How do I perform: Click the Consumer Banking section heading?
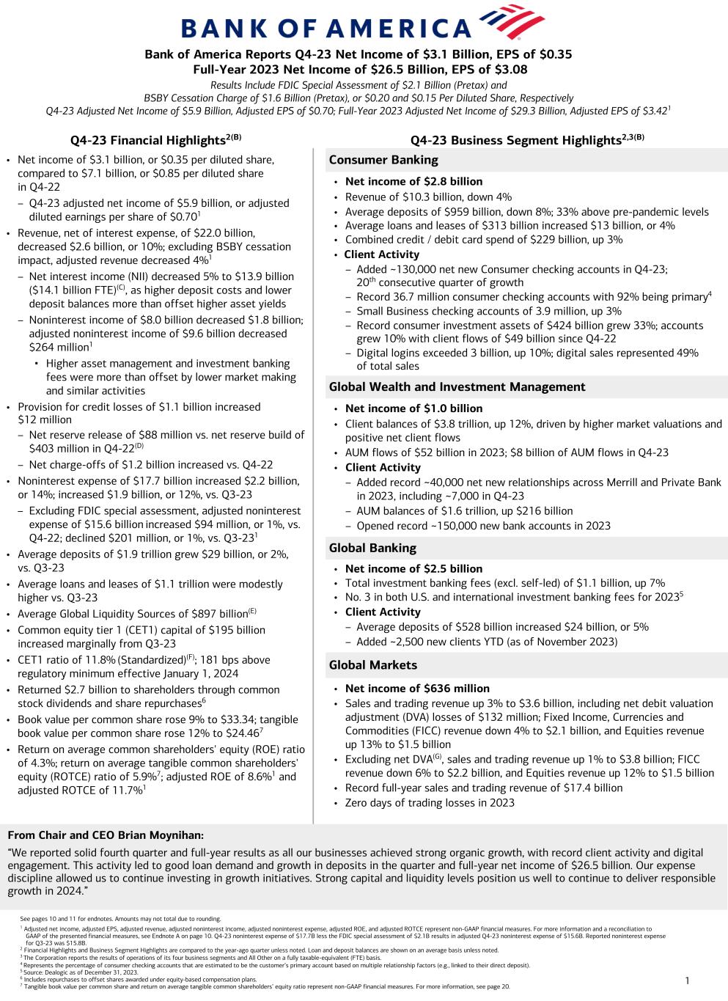click(383, 160)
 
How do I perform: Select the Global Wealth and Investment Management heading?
click(457, 386)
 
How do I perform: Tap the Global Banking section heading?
click(372, 548)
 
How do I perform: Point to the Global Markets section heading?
click(373, 665)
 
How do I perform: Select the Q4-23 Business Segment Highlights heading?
click(526, 139)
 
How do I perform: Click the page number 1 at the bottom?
click(687, 980)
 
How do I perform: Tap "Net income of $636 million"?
click(417, 688)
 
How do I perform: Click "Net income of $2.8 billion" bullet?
click(413, 181)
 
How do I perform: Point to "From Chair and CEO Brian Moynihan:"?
click(106, 835)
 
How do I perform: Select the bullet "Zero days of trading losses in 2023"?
click(430, 802)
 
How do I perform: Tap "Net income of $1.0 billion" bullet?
click(413, 408)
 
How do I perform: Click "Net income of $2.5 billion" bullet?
click(413, 568)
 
